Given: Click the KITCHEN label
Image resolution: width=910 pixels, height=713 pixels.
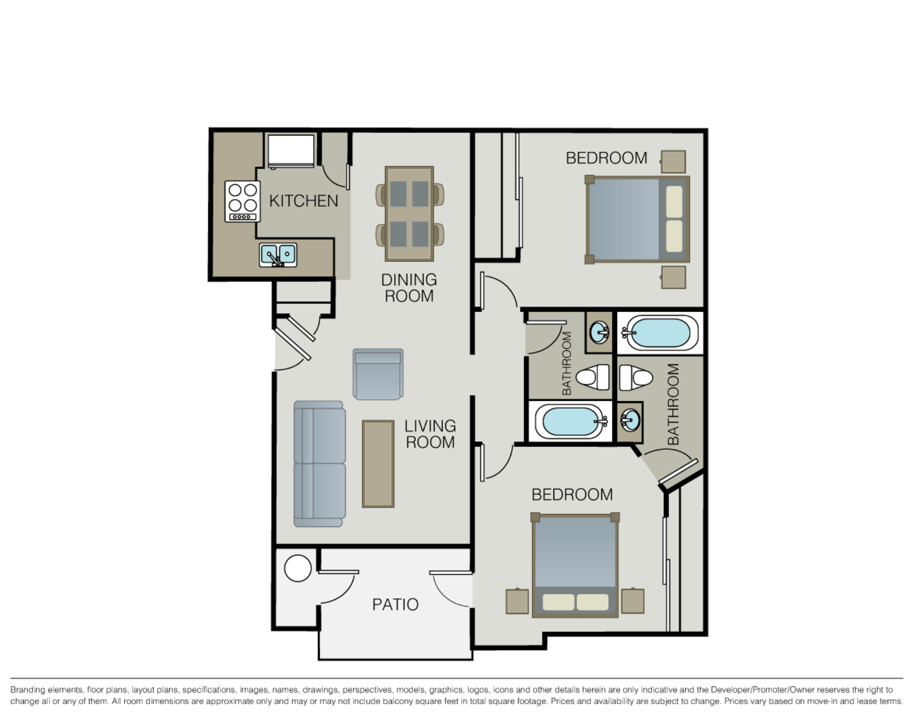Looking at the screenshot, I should pyautogui.click(x=303, y=201).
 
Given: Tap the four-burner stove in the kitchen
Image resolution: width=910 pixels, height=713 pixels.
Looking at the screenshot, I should pyautogui.click(x=243, y=202).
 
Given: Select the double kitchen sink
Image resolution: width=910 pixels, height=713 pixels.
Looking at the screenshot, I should pyautogui.click(x=278, y=255).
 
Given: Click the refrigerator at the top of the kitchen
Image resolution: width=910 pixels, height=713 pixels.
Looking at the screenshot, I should pyautogui.click(x=290, y=150).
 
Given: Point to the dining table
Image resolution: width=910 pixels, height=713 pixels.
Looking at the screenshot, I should pyautogui.click(x=409, y=214).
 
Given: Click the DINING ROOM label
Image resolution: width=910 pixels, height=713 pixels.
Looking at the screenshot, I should pyautogui.click(x=409, y=288).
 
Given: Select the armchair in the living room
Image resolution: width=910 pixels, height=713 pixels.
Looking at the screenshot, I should pyautogui.click(x=378, y=374).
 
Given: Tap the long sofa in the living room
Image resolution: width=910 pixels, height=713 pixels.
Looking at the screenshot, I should pyautogui.click(x=319, y=464).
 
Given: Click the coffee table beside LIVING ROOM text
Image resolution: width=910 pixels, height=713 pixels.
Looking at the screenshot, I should pyautogui.click(x=378, y=464).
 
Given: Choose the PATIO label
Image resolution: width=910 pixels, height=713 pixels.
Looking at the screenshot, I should pyautogui.click(x=395, y=605).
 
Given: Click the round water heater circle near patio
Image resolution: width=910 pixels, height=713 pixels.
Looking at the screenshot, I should pyautogui.click(x=298, y=568).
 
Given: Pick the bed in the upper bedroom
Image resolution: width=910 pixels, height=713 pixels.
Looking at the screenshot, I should pyautogui.click(x=637, y=219).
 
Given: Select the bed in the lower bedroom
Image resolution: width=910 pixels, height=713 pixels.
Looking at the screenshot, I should pyautogui.click(x=575, y=566).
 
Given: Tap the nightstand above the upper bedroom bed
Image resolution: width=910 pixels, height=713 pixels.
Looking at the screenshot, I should pyautogui.click(x=673, y=162).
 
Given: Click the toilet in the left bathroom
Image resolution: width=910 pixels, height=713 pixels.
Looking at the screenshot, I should pyautogui.click(x=594, y=377).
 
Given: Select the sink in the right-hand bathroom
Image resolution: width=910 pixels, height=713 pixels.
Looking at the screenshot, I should pyautogui.click(x=630, y=420).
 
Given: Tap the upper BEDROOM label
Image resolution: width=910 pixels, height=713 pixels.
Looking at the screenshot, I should pyautogui.click(x=606, y=158).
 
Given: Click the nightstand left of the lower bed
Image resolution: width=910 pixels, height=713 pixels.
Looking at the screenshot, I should pyautogui.click(x=517, y=601).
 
